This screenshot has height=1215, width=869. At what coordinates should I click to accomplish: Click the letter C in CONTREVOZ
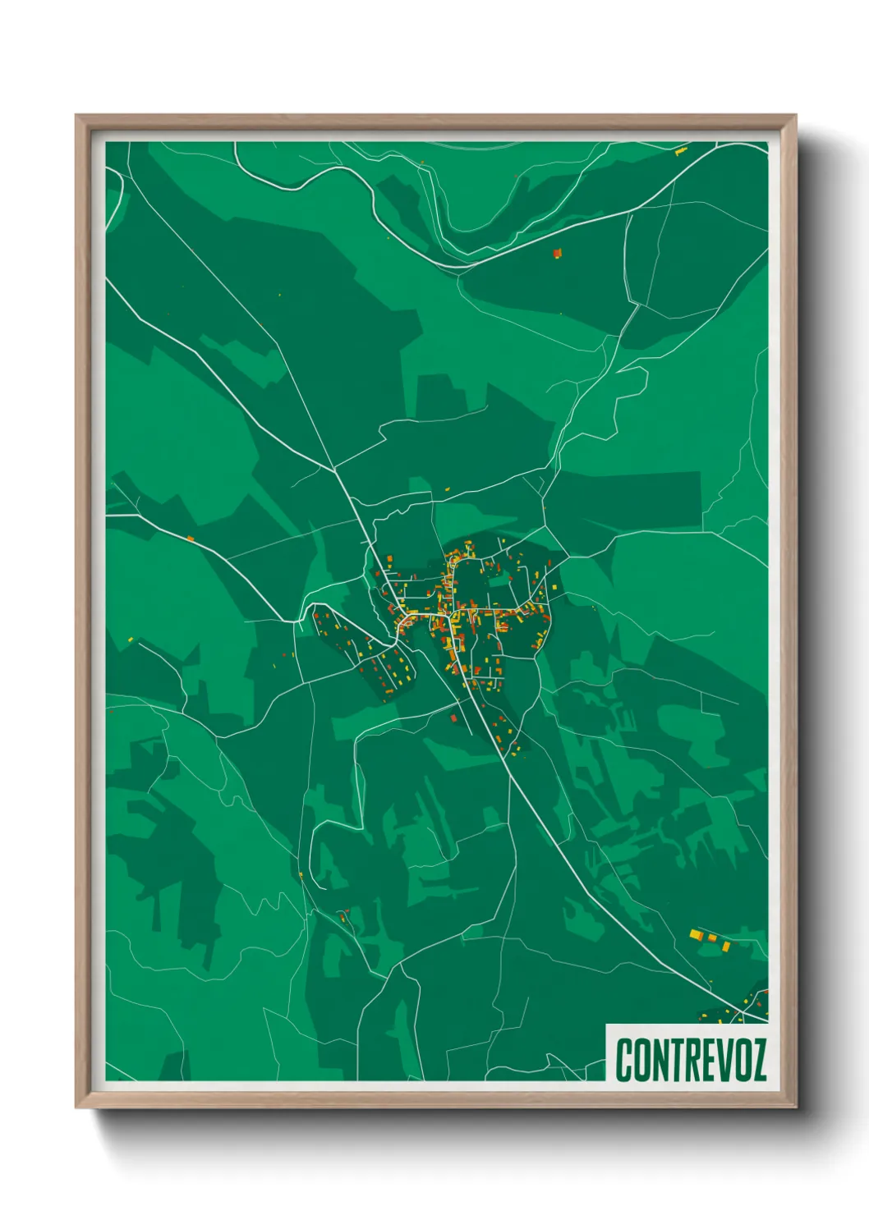[624, 1060]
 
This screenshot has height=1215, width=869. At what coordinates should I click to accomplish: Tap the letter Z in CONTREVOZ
[757, 1060]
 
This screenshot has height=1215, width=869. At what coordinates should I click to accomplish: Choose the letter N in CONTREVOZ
[645, 1060]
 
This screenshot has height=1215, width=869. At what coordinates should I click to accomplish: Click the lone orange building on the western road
[191, 539]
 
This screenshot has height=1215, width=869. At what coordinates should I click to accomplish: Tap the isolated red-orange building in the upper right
[557, 253]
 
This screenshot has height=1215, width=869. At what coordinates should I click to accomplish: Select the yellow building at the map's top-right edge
[680, 151]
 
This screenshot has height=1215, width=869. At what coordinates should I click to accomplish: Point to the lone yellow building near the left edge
[131, 639]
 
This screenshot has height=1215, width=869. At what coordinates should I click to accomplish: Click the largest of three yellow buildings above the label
[696, 933]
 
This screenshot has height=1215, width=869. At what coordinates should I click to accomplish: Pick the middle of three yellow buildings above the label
[712, 938]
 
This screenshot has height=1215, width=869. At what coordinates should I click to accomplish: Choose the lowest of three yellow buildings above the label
[726, 947]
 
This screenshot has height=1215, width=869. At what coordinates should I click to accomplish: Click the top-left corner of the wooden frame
[77, 117]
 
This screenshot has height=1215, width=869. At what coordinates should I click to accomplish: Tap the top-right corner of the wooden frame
[795, 117]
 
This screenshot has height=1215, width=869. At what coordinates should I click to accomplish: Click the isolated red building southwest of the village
[453, 718]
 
